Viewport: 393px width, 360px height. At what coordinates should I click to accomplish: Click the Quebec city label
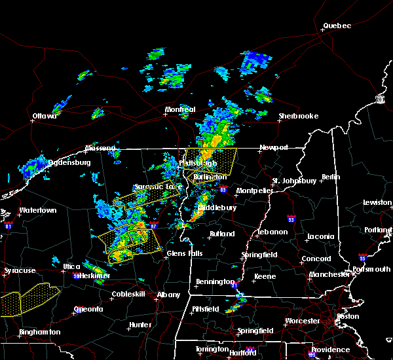pos(337,26)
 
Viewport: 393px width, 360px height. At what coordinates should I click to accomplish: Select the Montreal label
pos(180,109)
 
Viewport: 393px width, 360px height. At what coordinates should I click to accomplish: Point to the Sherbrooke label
pos(298,117)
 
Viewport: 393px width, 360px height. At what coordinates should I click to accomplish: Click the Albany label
pos(168,295)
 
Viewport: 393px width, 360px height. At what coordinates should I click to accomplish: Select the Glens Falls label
pos(185,254)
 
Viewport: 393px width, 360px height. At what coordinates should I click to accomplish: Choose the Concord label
pos(316,259)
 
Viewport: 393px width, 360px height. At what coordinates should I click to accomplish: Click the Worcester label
pos(302,321)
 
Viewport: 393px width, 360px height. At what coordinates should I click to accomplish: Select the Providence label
pos(330,350)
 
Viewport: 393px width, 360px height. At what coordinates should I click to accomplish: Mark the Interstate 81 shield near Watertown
pos(9,225)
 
